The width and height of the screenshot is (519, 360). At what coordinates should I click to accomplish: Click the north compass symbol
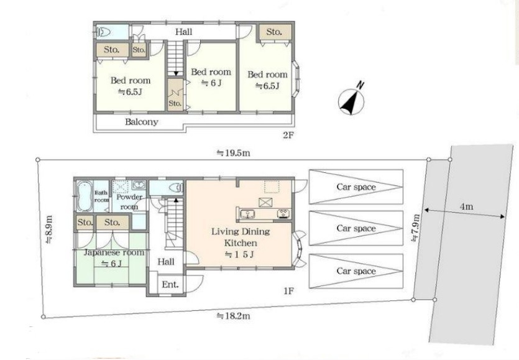(351, 100)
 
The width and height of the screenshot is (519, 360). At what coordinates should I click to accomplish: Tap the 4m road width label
(466, 206)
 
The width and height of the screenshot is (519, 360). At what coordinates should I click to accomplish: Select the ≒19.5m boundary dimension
(233, 154)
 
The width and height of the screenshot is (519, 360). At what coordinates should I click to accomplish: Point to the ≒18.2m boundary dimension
(233, 316)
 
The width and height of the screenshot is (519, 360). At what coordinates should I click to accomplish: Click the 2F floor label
(288, 135)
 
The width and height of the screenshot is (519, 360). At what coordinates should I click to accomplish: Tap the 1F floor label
(288, 291)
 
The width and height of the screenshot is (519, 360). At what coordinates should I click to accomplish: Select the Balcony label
(141, 122)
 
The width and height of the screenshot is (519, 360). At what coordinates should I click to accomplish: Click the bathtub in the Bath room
(85, 196)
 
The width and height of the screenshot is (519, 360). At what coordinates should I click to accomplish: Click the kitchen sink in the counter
(246, 214)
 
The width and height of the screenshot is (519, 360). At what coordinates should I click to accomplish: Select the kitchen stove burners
(283, 214)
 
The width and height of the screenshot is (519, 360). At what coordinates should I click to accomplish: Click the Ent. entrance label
(170, 284)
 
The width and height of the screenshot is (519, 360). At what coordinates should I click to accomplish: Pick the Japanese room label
(114, 252)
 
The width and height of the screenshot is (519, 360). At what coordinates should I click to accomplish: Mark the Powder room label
(129, 201)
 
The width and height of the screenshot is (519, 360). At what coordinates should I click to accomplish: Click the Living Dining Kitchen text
(241, 237)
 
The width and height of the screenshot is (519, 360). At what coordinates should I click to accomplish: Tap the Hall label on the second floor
(184, 32)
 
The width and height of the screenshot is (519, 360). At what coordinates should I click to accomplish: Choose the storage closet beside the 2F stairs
(175, 95)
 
